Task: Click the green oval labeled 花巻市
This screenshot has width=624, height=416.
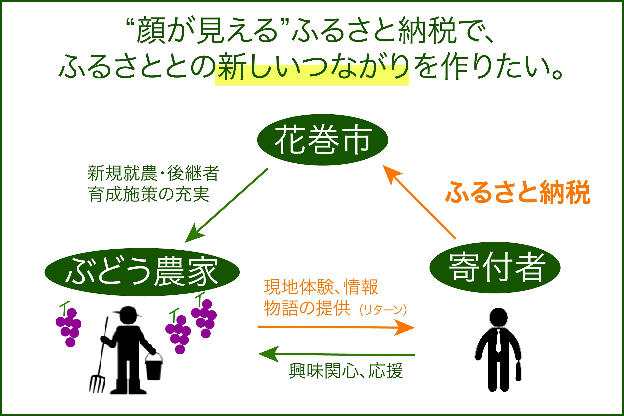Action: (x=323, y=140)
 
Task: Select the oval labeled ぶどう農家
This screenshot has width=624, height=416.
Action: (x=142, y=272)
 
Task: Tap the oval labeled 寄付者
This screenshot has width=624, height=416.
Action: (x=495, y=268)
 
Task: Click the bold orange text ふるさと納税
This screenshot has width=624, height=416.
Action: (x=518, y=192)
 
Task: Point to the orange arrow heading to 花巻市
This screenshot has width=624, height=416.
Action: (x=419, y=202)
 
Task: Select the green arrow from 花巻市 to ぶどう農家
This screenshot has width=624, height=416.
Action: (x=226, y=205)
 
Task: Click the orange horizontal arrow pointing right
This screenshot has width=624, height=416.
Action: (x=336, y=327)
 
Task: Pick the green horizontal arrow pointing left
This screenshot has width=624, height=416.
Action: (x=336, y=354)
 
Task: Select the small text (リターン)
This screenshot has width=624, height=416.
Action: (x=383, y=310)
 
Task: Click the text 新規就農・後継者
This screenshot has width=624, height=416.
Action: (x=153, y=173)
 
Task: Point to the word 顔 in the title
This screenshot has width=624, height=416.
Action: (x=151, y=30)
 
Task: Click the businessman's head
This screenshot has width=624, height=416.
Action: (x=498, y=317)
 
